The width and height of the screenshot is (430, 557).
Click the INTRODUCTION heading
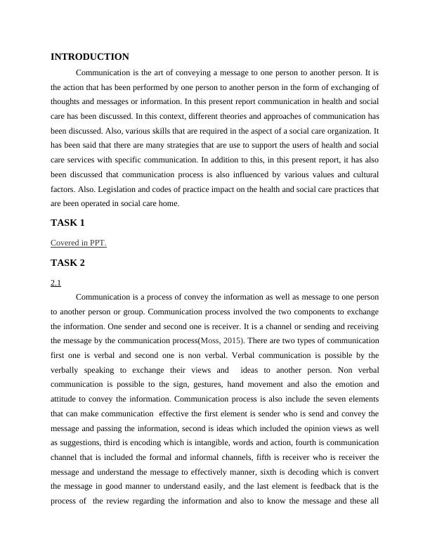(90, 57)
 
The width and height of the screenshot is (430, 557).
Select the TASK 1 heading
(67, 223)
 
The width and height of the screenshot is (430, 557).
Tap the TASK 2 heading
(67, 263)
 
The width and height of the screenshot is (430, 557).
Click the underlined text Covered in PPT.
(79, 243)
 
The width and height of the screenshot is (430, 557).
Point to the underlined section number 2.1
(56, 283)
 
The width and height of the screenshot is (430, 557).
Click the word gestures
(189, 384)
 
